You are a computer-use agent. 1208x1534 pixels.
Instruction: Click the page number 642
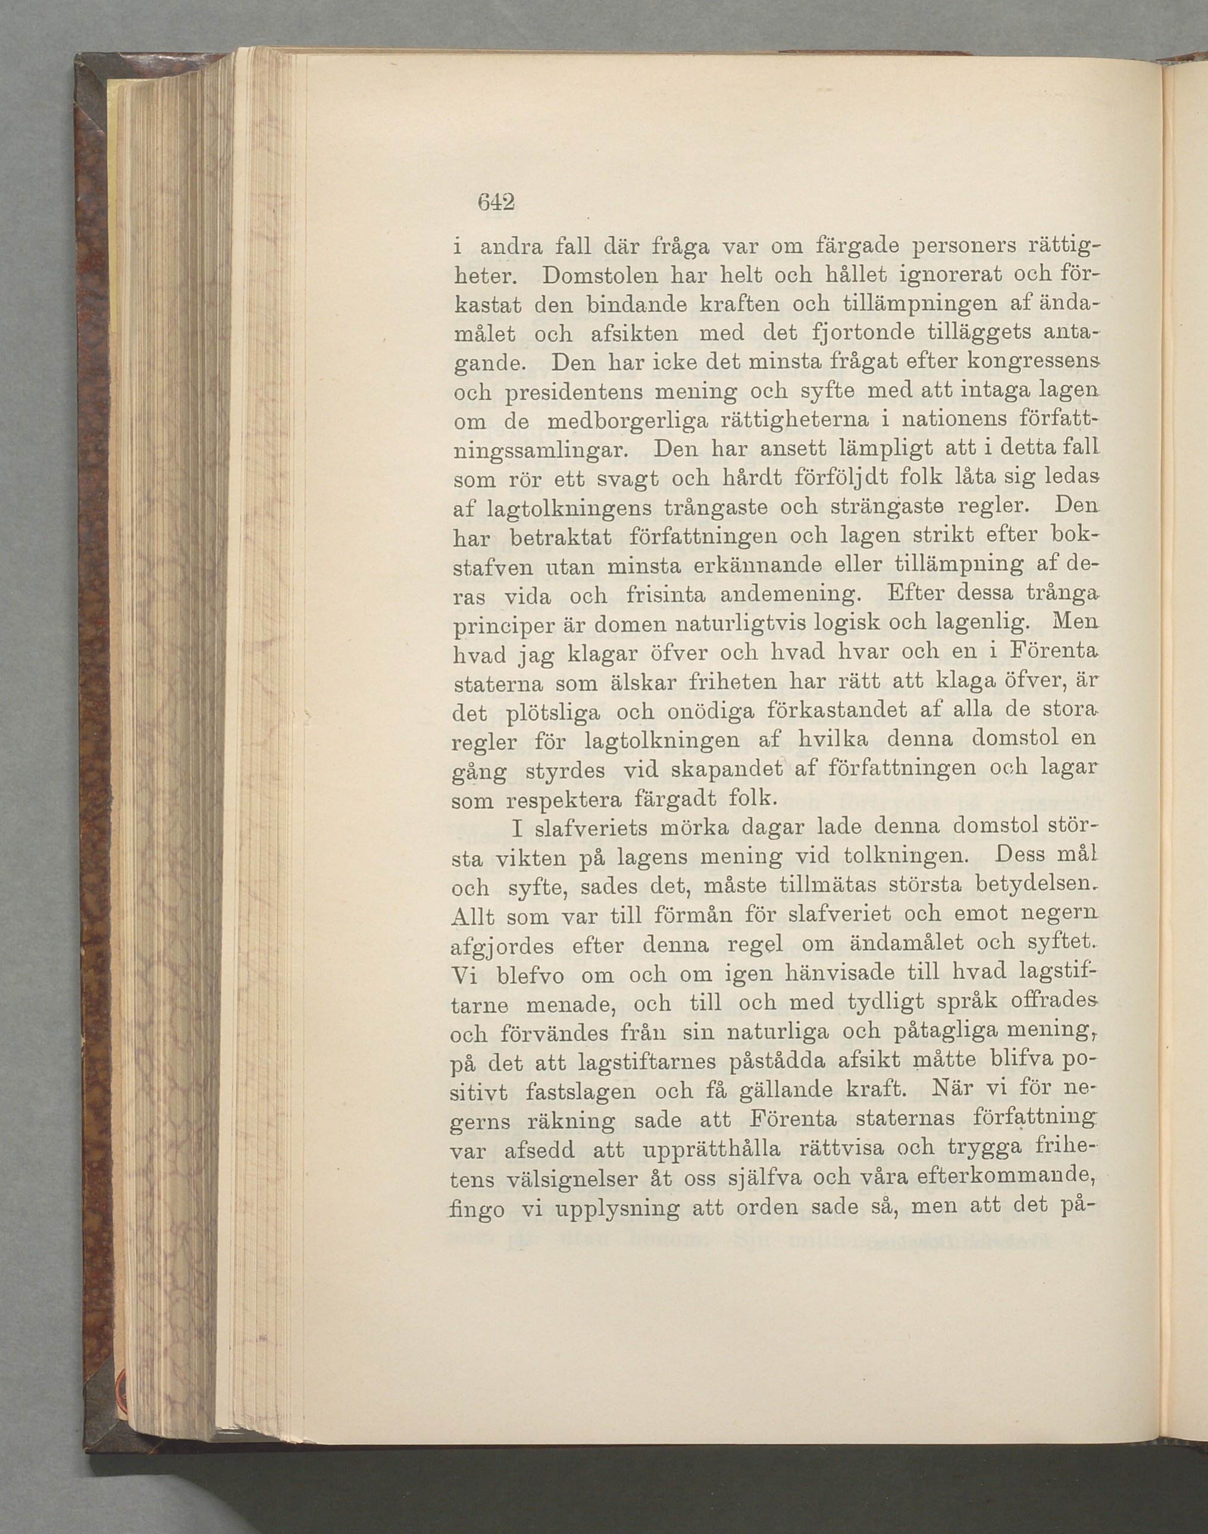click(x=495, y=202)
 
